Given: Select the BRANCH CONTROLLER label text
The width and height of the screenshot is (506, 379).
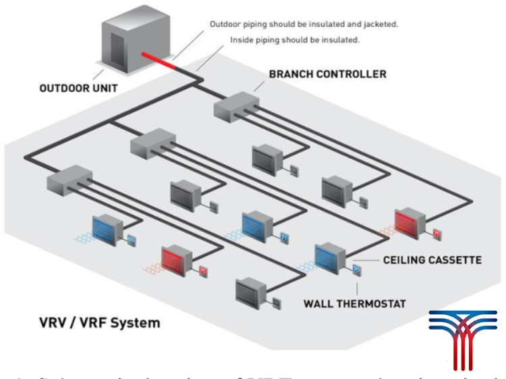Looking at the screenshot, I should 328,73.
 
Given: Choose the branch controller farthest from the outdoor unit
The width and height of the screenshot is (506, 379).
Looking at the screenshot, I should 69,180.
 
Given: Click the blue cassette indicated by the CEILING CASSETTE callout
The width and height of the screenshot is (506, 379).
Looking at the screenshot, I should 329,259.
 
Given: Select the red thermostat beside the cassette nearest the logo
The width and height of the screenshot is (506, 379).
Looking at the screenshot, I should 436,234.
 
